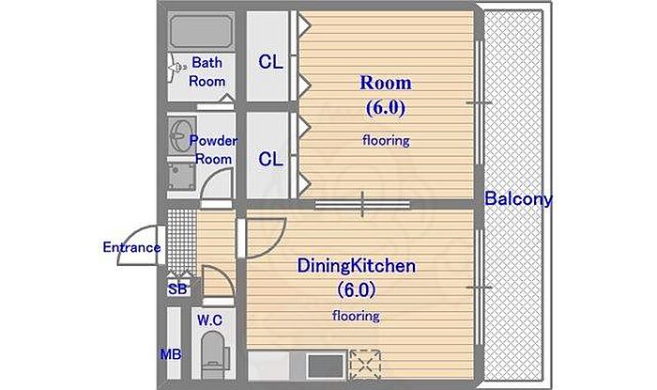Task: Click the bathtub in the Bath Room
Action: coord(201,32)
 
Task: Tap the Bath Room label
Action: coord(206,71)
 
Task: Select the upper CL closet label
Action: coord(270,62)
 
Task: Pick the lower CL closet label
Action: coord(270,159)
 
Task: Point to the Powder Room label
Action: coord(213,149)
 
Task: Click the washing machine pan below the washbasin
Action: coord(182,177)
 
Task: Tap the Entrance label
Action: coord(131,247)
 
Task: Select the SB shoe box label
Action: coord(177,289)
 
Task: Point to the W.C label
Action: coord(209,320)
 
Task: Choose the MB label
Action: coord(171,355)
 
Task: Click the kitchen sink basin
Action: coord(325,366)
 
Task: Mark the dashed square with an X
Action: coord(365,365)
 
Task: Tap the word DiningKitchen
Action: coord(356,266)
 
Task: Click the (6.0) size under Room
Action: coord(386,108)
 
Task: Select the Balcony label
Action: coord(518,199)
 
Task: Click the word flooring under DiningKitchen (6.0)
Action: coord(356,316)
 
